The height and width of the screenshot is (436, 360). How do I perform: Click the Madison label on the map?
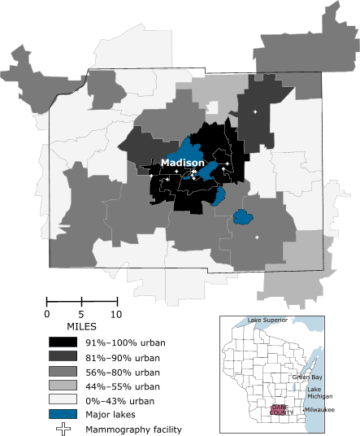182,163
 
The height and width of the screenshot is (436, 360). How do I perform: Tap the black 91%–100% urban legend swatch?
63,342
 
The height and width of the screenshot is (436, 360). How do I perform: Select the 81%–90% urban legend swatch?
63,356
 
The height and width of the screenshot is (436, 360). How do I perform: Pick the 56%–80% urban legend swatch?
63,371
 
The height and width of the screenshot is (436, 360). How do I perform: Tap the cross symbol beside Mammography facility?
63,429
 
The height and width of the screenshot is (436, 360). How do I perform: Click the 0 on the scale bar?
46,314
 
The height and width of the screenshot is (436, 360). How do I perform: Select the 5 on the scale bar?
81,314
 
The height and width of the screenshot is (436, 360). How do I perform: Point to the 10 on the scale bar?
116,314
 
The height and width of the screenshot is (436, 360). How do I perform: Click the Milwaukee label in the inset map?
318,410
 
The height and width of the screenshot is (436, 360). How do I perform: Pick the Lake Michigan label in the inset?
319,394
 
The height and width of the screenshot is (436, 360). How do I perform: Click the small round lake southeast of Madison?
241,216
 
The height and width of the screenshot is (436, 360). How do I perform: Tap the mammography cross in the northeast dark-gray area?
256,111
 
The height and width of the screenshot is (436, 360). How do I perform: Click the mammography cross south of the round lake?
257,237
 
